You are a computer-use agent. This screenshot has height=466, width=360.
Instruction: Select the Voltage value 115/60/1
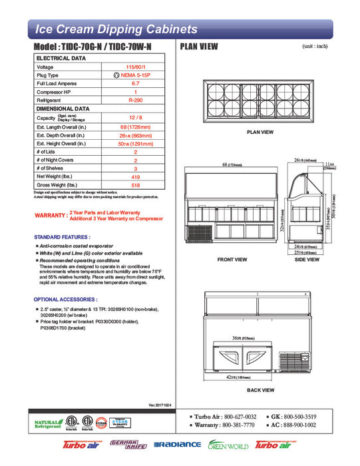tap(135, 67)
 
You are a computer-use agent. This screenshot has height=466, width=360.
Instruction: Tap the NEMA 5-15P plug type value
tap(135, 75)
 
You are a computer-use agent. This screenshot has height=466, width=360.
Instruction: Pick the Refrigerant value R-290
tap(135, 99)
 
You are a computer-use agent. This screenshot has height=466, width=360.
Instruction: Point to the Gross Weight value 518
tap(135, 184)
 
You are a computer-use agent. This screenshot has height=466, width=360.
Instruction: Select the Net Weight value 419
tap(135, 176)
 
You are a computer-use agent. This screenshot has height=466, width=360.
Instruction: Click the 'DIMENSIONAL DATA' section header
tap(63, 108)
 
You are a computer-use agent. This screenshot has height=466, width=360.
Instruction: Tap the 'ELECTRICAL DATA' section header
tap(61, 59)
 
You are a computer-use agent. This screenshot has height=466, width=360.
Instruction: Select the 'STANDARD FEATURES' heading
tap(62, 237)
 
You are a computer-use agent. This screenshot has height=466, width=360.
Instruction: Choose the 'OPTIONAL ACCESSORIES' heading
tap(65, 300)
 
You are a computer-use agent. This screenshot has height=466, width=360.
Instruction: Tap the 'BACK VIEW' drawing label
tap(260, 390)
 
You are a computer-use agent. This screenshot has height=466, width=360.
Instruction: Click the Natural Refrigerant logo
tap(47, 424)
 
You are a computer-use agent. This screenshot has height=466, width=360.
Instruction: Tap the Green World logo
tap(227, 445)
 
